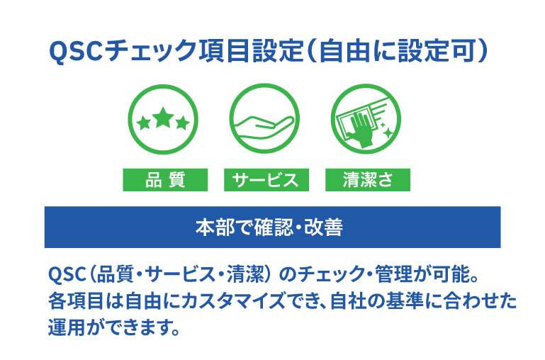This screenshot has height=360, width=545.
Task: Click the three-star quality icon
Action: (x=162, y=120)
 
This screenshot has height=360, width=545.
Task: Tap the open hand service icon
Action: (x=264, y=120)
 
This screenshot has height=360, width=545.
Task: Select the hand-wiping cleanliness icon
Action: (x=366, y=120)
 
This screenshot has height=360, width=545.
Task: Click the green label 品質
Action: (x=165, y=180)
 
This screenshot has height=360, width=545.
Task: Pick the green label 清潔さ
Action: (x=367, y=180)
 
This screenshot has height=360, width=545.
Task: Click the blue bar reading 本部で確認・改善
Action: (x=272, y=227)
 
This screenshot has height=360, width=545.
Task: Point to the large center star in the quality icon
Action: (x=163, y=117)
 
